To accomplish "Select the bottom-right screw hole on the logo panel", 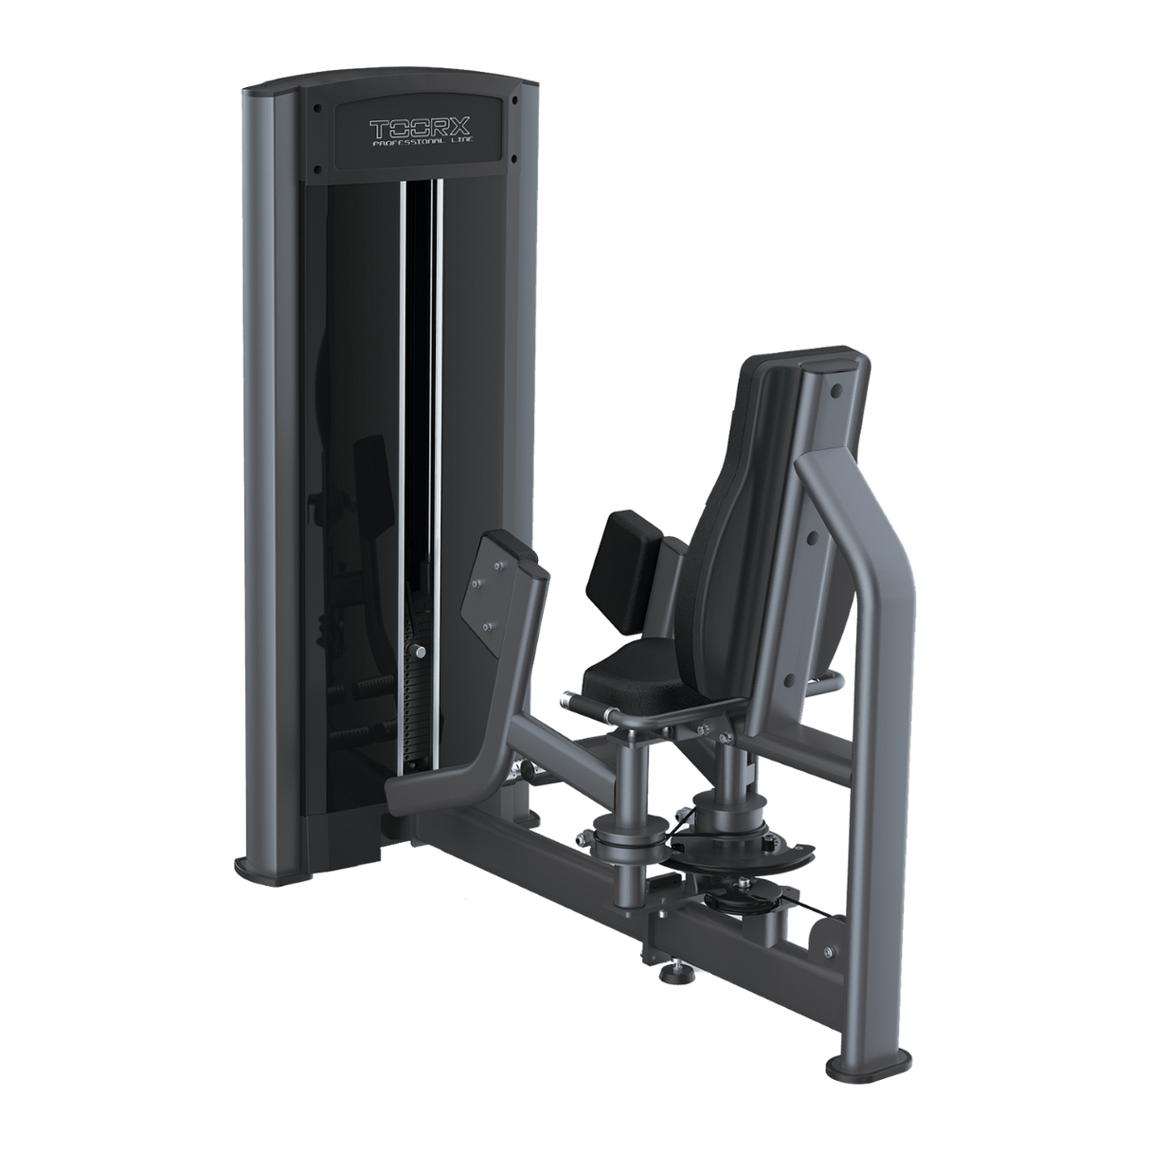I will [512, 157].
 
